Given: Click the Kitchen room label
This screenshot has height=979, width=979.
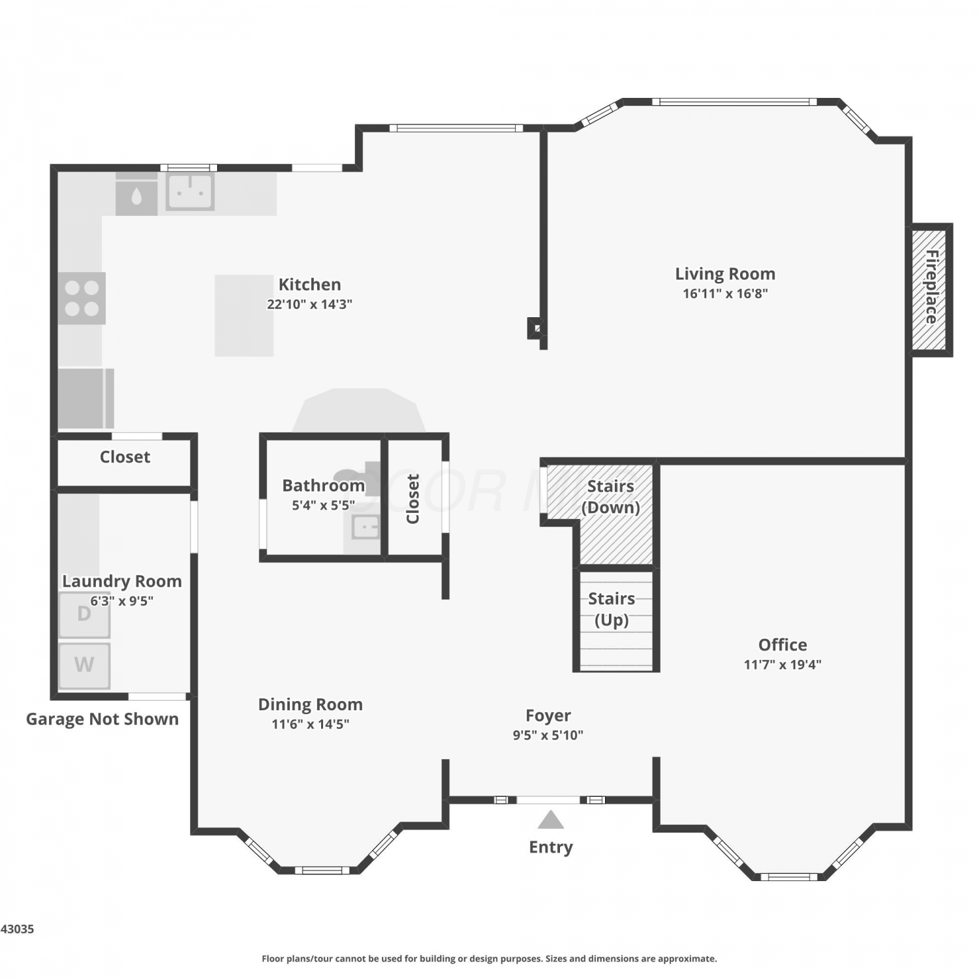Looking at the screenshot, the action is (309, 285).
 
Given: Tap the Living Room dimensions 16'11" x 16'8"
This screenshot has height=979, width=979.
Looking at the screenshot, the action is (725, 294).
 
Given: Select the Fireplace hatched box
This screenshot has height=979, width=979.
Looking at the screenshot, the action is (931, 290).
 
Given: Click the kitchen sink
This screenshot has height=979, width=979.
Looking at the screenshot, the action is (190, 191).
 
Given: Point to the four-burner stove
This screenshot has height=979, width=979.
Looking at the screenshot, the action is (82, 298).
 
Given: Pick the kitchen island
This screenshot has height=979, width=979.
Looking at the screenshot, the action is (244, 315).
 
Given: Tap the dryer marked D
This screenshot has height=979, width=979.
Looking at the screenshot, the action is (84, 615).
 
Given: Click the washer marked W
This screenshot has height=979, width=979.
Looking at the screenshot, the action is (84, 666).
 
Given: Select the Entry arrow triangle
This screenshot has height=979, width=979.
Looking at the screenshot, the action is (551, 820).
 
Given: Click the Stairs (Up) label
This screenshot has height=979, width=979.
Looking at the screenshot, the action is (612, 609).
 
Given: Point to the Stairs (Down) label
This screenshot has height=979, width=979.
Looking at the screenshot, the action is (611, 497).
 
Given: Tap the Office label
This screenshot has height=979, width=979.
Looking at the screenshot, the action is (783, 645).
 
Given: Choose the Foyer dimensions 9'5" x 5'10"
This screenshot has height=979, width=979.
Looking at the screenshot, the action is (548, 735).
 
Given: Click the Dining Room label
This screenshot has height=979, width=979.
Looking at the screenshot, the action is (311, 704).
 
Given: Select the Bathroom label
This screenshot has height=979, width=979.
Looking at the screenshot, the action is (323, 486).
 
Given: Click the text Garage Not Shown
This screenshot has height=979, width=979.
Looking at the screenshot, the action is (102, 719).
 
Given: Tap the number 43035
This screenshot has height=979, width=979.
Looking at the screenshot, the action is (18, 929).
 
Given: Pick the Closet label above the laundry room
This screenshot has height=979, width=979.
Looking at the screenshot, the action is (125, 457).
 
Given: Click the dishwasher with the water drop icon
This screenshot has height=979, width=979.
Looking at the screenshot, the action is (136, 194).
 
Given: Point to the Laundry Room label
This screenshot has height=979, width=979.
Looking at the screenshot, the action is (122, 581).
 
